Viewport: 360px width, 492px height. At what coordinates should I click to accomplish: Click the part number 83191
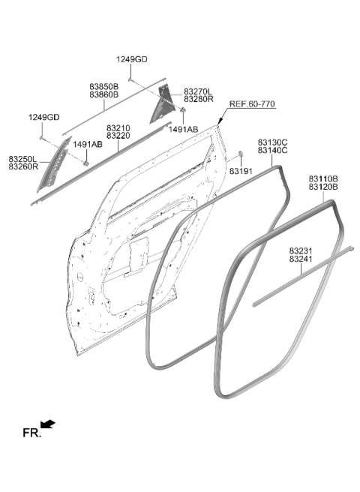point(241,171)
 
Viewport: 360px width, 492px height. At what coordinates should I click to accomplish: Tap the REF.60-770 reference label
point(252,103)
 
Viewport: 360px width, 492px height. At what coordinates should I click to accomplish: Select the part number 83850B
point(104,86)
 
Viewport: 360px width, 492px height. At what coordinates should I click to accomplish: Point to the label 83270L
point(198,91)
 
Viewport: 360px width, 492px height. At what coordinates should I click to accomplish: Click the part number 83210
point(118,128)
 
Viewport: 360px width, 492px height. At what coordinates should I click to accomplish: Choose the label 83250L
point(22,159)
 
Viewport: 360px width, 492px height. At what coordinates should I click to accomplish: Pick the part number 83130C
point(272,142)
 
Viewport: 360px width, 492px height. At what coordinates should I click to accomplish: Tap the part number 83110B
point(323,178)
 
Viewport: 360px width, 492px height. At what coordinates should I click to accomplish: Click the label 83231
point(301,251)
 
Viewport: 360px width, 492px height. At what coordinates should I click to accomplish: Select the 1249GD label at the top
point(132,59)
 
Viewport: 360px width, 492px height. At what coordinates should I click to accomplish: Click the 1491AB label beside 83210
point(88,144)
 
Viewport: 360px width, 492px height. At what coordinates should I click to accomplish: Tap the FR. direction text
point(31,433)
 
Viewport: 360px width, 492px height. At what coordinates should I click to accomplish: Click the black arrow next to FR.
point(48,424)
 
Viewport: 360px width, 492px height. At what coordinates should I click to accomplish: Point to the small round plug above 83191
point(241,154)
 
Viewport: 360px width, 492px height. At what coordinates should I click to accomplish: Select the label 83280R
point(198,99)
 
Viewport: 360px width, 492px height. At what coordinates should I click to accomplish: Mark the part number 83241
point(301,259)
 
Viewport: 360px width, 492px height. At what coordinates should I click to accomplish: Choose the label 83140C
point(272,150)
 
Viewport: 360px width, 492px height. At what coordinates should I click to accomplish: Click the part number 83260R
point(23,166)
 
